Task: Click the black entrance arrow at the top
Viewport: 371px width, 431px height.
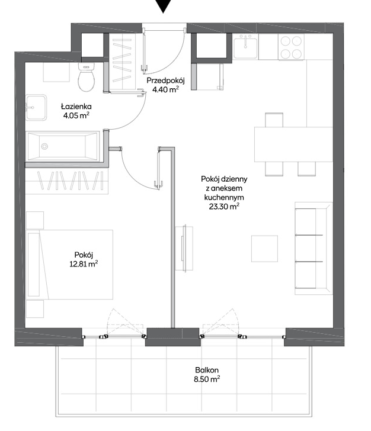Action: tap(164, 5)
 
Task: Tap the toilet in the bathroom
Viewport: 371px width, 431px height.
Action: tap(87, 77)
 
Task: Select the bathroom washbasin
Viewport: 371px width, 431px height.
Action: tap(36, 108)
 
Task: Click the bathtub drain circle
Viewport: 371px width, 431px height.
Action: tap(44, 146)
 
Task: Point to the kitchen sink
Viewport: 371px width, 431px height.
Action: tap(245, 46)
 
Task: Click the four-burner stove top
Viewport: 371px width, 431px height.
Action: tap(291, 47)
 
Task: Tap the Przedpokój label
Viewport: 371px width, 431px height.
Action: tap(165, 81)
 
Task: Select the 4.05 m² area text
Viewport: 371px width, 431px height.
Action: tap(76, 115)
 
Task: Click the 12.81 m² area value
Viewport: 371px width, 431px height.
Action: tap(84, 264)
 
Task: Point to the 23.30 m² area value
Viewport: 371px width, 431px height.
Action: tap(224, 207)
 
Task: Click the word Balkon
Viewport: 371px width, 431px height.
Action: tap(207, 370)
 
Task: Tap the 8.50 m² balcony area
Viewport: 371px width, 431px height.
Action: tap(207, 379)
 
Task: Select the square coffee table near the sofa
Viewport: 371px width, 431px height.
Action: tap(264, 249)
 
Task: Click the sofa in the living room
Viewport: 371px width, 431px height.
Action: tap(314, 249)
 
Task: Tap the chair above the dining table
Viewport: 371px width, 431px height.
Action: tap(274, 120)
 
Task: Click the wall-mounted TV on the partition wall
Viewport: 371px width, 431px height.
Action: tap(184, 249)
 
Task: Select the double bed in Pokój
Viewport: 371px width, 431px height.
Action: tap(70, 265)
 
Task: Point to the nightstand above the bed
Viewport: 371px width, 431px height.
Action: tap(35, 220)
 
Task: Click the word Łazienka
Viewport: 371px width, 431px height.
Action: tap(76, 107)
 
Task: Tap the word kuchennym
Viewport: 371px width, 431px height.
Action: tap(224, 197)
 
